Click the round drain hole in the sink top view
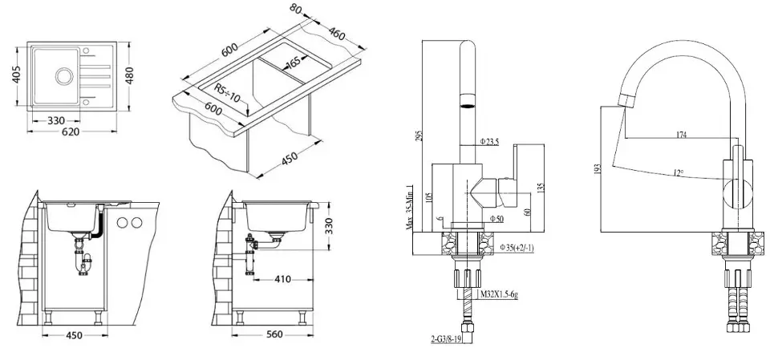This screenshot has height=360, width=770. point(62,77)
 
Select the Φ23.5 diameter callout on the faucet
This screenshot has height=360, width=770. point(490,141)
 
